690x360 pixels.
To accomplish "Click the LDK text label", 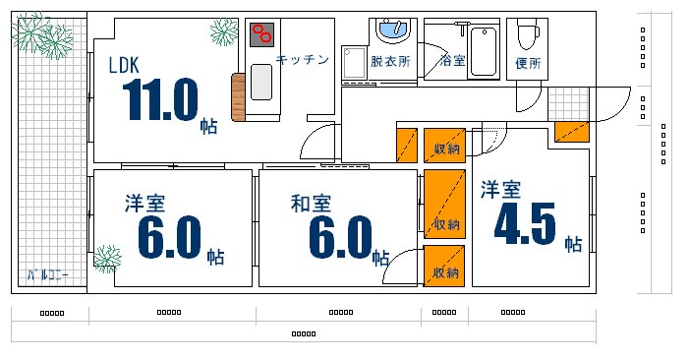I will [124, 66].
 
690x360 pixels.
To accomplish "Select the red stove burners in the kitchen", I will [261, 34].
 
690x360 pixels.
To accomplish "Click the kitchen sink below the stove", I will [261, 81].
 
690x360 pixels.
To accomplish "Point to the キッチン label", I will [302, 60].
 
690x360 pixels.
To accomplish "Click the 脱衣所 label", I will [390, 61].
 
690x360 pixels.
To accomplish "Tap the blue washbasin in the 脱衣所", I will [395, 30].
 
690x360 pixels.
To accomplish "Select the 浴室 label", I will [452, 61].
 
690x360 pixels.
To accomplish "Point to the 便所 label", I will [528, 64].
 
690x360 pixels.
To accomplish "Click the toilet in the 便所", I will [529, 35].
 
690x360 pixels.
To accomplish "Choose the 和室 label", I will [311, 205].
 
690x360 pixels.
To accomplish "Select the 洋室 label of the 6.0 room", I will [144, 205].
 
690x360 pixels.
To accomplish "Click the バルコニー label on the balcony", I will [47, 274].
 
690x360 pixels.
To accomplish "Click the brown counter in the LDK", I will [238, 96].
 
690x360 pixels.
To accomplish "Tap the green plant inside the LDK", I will [223, 31].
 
